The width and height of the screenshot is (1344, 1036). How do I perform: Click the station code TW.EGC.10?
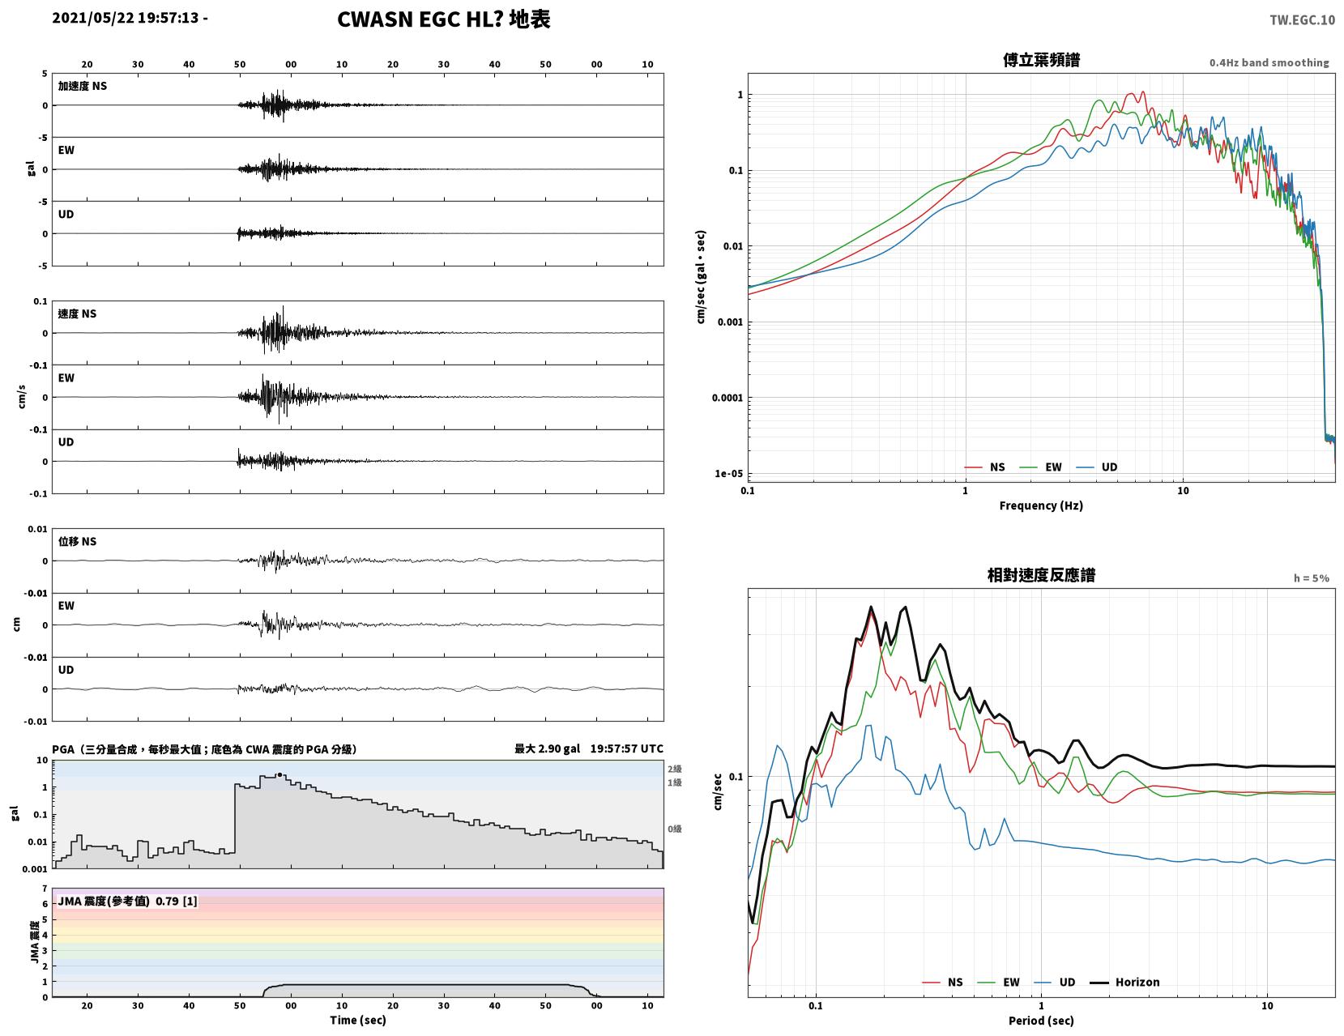pos(1302,19)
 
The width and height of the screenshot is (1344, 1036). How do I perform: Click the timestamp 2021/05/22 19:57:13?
pos(126,18)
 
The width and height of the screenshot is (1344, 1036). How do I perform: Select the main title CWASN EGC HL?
pos(420,19)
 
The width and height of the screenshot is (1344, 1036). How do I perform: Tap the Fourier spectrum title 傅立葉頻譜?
pos(1041,60)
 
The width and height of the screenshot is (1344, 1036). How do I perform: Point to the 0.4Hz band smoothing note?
pos(1269,62)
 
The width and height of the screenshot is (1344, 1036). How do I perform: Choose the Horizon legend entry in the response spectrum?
pos(1124,982)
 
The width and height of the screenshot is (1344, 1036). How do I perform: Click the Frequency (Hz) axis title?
pos(1041,505)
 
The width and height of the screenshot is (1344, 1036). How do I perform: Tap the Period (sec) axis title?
pos(1041,1020)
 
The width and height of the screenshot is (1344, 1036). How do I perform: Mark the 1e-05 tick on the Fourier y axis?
pos(728,474)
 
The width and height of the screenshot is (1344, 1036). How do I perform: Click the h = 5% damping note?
pos(1312,578)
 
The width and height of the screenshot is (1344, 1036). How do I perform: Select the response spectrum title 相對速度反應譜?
pos(1041,575)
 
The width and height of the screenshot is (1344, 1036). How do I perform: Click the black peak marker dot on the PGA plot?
pos(279,774)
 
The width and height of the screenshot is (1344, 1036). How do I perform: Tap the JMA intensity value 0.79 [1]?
pos(177,901)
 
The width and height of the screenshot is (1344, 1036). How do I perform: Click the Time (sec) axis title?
pos(357,1019)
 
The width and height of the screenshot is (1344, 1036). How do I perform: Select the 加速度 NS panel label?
pos(83,86)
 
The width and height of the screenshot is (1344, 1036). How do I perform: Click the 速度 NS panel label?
pos(77,313)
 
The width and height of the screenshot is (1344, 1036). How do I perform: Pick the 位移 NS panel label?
pos(77,541)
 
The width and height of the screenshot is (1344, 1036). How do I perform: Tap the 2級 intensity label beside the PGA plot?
pos(674,769)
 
